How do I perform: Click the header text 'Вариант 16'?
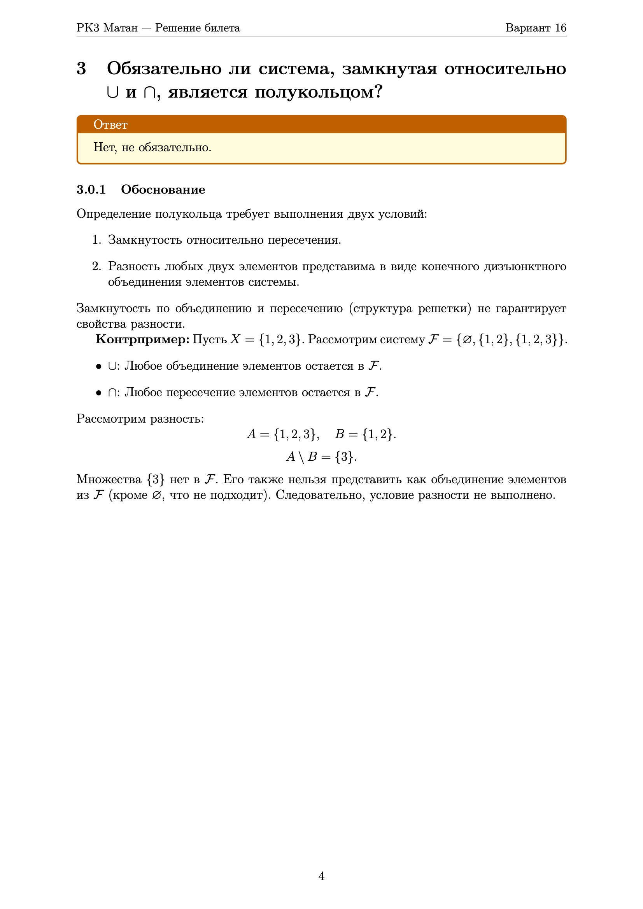tap(535, 28)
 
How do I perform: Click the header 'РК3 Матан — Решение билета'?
tap(158, 28)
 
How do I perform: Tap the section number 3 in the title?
tap(81, 68)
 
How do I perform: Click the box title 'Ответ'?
tap(110, 124)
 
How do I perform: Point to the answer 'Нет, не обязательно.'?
tap(152, 147)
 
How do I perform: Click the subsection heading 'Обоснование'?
tap(163, 189)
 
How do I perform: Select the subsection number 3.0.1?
tap(91, 189)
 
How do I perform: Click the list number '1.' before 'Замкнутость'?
tap(97, 240)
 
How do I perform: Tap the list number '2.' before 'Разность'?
tap(97, 266)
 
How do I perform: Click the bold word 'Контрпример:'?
tap(143, 339)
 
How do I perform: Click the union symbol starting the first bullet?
tap(112, 366)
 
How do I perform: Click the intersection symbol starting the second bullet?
tap(112, 393)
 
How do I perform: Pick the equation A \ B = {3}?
tap(321, 456)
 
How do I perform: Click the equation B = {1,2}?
tap(365, 434)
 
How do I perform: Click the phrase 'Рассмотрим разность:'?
tap(140, 418)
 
